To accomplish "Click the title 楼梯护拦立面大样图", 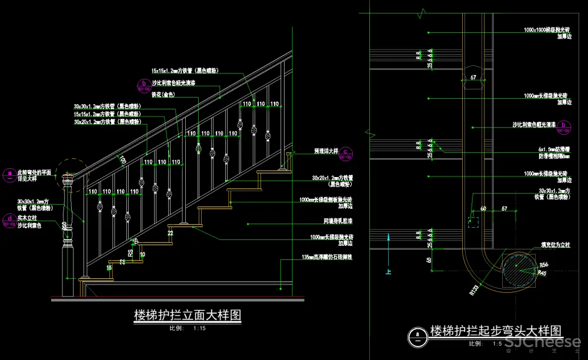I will [x=188, y=315].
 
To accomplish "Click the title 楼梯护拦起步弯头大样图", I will [x=496, y=331].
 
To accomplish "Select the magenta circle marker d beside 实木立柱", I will [x=9, y=220].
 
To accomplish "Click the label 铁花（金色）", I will [x=163, y=94].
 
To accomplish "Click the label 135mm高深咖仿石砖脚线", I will [x=327, y=258].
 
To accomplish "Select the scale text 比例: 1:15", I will [x=188, y=328].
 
